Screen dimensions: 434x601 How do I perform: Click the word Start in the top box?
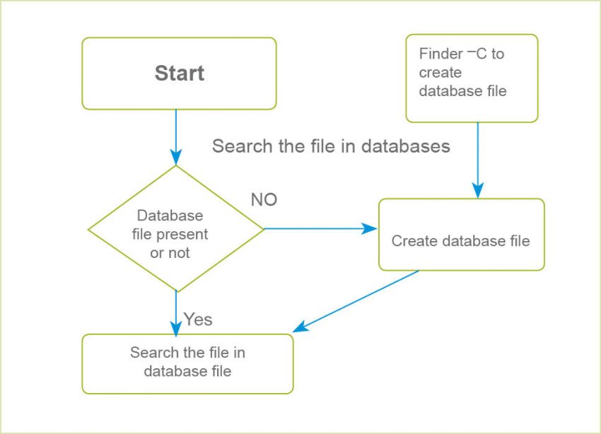pos(180,74)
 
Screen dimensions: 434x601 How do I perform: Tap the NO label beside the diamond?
pos(264,200)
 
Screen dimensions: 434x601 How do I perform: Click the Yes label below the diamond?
pos(198,319)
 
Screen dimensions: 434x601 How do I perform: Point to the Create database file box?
pos(461,234)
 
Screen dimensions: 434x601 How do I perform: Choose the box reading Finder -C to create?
pos(472,78)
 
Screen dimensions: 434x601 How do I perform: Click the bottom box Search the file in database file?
pos(187,363)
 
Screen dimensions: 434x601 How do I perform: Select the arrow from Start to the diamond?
pos(175,134)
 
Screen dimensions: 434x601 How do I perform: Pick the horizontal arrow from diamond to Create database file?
pos(318,228)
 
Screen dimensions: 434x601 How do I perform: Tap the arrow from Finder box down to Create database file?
pos(478,159)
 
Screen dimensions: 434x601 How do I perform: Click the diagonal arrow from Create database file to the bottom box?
pos(357,300)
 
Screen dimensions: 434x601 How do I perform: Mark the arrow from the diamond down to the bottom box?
pos(175,311)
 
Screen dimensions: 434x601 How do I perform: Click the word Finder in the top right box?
pos(440,54)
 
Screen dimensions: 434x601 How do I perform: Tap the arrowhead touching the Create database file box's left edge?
pos(370,228)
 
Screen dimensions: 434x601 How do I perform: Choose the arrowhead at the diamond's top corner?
pos(175,157)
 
